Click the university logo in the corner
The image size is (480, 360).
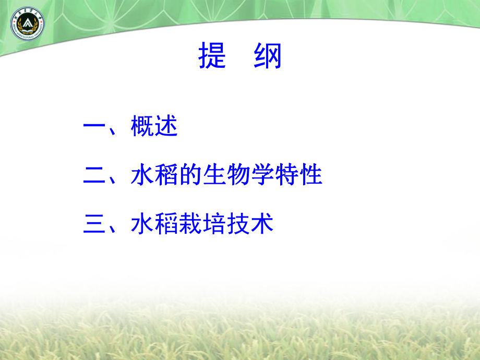coord(27,25)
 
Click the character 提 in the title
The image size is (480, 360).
coord(212,56)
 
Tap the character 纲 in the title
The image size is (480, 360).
coord(268,56)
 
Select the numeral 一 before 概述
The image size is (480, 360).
coord(95,128)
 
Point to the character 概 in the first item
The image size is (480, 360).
coord(142,127)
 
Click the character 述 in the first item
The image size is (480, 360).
coord(166,127)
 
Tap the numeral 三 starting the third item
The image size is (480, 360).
coord(95,225)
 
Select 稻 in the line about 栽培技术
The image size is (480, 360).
coord(166,225)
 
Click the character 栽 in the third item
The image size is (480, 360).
coord(190,225)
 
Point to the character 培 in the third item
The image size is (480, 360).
coord(214,225)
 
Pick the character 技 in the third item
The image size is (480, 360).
coord(238,225)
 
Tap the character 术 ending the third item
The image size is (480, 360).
coord(262,225)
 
